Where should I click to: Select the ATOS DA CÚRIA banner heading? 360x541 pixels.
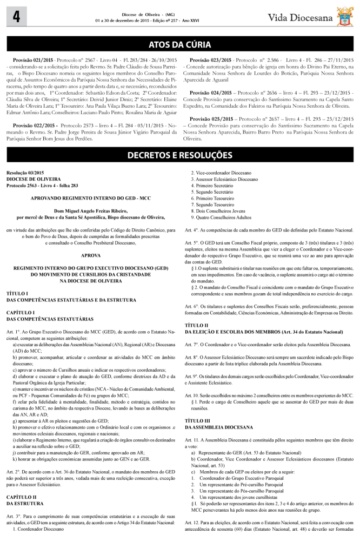tap(179, 44)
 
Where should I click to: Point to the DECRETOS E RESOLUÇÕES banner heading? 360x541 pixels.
tap(179, 156)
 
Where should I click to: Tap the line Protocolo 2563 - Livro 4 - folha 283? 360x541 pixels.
tap(42, 186)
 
